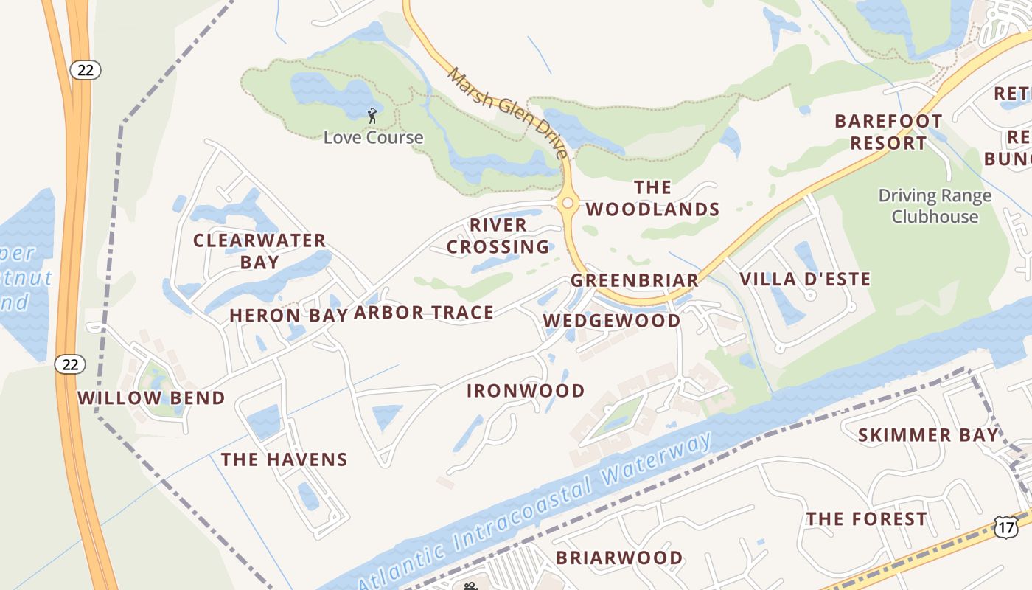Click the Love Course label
[373, 137]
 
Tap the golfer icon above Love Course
[372, 116]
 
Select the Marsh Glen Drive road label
[509, 113]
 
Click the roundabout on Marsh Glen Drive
[568, 203]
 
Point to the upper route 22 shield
[86, 70]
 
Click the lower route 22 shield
[70, 364]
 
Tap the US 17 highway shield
[1006, 527]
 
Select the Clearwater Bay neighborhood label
[259, 251]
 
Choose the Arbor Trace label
[424, 313]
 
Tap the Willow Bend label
[151, 398]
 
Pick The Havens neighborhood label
[284, 459]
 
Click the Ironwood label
[526, 391]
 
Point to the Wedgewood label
[612, 321]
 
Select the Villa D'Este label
[805, 280]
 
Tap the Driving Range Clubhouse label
[935, 206]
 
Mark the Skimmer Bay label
[928, 435]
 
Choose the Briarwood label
[619, 558]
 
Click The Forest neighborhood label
[866, 519]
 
